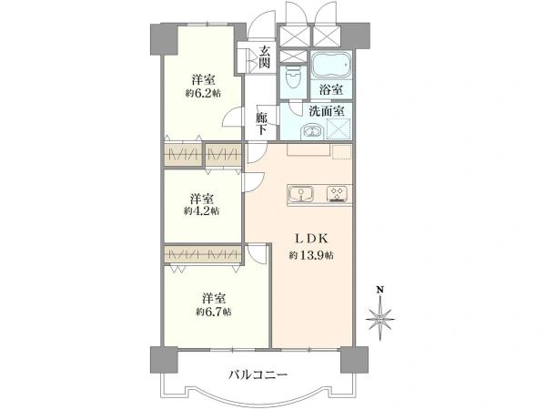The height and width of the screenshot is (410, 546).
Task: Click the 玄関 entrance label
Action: [264, 56]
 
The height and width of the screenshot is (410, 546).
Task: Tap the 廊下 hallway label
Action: [261, 123]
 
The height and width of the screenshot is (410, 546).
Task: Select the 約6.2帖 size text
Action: [202, 92]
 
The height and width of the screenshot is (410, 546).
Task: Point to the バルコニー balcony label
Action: [258, 374]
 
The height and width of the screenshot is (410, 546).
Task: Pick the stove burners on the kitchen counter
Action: [335, 193]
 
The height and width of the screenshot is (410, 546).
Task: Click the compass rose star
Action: [380, 319]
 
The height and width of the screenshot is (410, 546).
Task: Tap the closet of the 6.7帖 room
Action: [203, 255]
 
